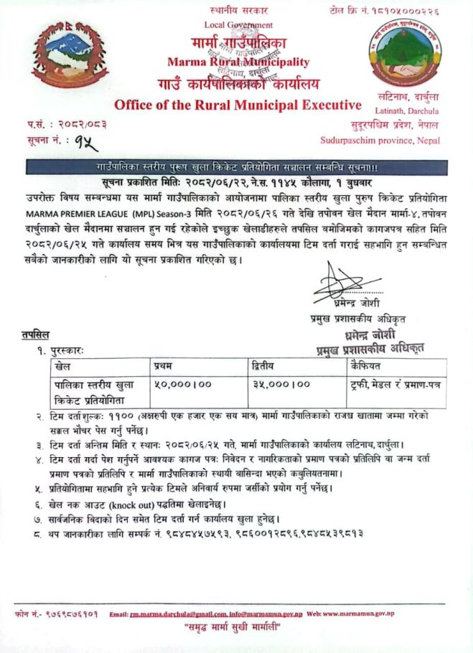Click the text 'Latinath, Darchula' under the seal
click(403, 110)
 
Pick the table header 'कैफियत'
click(363, 366)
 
